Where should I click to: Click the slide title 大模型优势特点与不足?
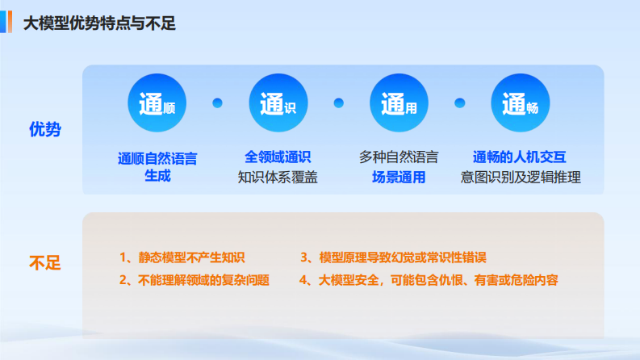pos(99,23)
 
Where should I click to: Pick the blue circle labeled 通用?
pos(399,103)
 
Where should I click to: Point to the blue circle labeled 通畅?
pos(520,103)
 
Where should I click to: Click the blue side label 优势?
pos(45,129)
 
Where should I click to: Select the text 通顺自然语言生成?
pos(157,167)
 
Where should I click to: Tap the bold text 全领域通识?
pos(278,157)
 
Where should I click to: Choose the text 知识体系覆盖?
pos(278,177)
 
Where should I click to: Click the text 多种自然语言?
pos(399,157)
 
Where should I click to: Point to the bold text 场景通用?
pos(399,177)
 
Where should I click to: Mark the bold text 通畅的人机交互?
pos(521,157)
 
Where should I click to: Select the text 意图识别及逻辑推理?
pos(521,177)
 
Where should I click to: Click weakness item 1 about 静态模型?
pos(182,257)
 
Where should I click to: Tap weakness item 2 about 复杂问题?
pos(194,281)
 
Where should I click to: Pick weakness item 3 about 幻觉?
pos(393,257)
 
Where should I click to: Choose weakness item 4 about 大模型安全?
pos(429,281)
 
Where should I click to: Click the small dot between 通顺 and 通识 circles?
pos(217,103)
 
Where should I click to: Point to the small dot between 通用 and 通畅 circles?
pos(460,103)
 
